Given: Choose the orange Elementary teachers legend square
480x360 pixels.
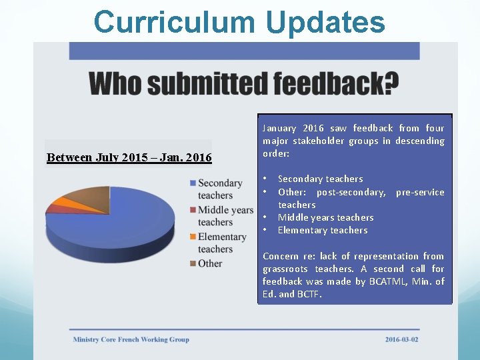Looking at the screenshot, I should pos(193,237).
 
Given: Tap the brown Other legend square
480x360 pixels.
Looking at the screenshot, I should pos(193,263).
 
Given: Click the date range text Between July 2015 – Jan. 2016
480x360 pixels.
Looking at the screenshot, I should pos(129,158).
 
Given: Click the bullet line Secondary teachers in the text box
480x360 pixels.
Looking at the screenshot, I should pos(320,179).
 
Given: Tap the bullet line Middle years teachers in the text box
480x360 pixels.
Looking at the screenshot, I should pos(325,217).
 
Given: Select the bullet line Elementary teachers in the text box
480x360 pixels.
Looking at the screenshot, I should pos(323,230).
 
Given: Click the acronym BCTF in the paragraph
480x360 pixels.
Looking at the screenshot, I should pos(307,294).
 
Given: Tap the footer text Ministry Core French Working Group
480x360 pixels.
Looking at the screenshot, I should pos(131,339).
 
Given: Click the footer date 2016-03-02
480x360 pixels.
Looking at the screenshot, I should pos(402,339).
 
